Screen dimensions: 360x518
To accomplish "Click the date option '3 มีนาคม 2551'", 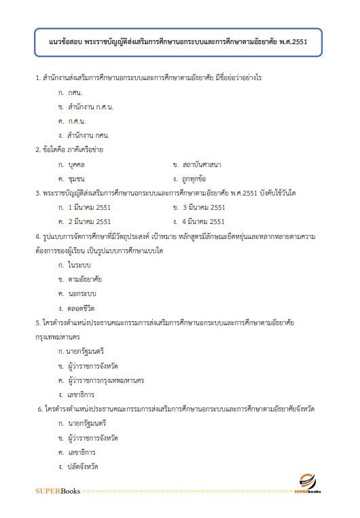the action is (x=204, y=207).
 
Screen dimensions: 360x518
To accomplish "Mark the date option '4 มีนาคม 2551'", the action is (x=204, y=221).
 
